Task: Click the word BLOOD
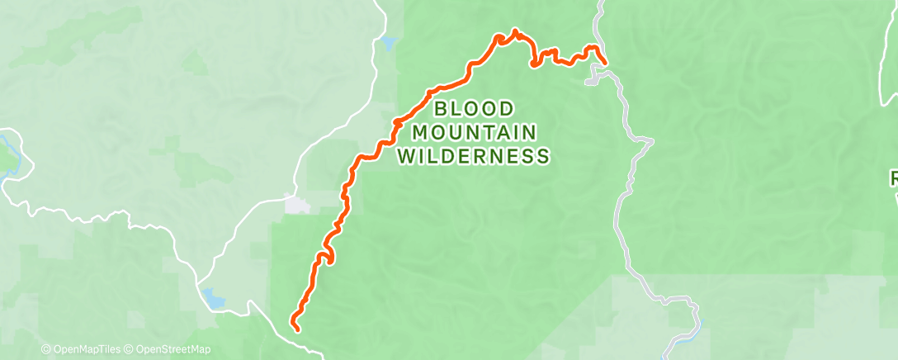pyautogui.click(x=474, y=108)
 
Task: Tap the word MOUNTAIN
pyautogui.click(x=475, y=132)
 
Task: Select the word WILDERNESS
pyautogui.click(x=475, y=155)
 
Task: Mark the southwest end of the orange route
pyautogui.click(x=295, y=329)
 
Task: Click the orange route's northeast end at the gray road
pyautogui.click(x=606, y=62)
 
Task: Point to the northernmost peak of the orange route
pyautogui.click(x=516, y=31)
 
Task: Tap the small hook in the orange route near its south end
pyautogui.click(x=331, y=260)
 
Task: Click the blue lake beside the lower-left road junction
pyautogui.click(x=213, y=299)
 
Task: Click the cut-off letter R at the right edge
pyautogui.click(x=893, y=178)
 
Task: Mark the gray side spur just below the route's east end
pyautogui.click(x=591, y=79)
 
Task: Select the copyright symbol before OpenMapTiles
pyautogui.click(x=45, y=349)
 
